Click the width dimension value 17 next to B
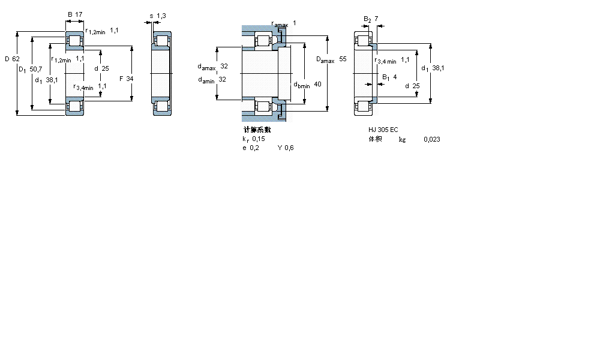click(79, 14)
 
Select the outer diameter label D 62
click(12, 59)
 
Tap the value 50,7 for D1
click(36, 70)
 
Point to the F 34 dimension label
click(126, 79)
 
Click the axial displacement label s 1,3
click(158, 16)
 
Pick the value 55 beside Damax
click(343, 59)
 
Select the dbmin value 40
click(317, 85)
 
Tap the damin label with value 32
click(212, 79)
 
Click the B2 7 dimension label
click(371, 19)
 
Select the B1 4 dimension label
click(389, 77)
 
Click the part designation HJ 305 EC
click(383, 130)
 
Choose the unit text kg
click(402, 140)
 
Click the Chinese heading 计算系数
click(257, 130)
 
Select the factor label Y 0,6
click(286, 148)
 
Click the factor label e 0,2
click(251, 148)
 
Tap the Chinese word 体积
click(375, 139)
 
